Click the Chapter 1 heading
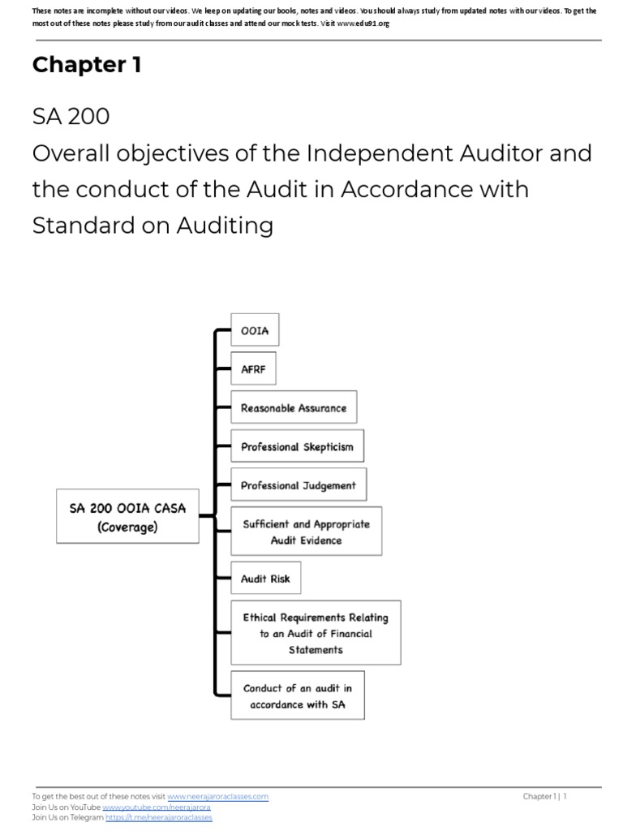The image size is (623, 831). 87,66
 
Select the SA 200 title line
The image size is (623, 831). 71,117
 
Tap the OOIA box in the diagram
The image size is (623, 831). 255,330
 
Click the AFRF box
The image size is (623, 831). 253,369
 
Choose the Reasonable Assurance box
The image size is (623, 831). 294,408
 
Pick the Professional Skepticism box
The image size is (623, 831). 297,447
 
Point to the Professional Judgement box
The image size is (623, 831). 298,486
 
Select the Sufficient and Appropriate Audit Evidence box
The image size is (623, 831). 306,532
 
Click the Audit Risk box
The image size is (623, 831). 265,579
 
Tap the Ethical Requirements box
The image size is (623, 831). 316,633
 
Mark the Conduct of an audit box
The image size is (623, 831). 298,695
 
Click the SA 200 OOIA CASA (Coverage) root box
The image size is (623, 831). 127,517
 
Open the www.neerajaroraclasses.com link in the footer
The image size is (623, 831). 217,797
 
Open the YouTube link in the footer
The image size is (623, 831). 157,807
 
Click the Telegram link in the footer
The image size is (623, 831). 158,818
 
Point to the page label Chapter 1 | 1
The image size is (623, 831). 544,797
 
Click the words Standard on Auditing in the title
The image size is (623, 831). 153,226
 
